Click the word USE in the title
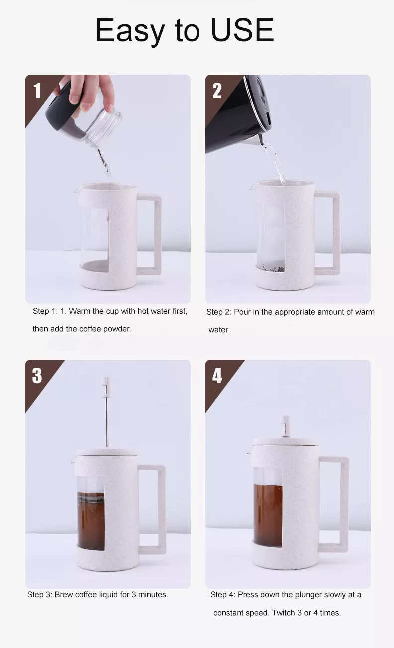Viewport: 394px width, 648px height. [x=242, y=30]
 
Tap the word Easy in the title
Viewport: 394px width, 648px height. [x=130, y=31]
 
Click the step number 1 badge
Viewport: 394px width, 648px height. [x=37, y=91]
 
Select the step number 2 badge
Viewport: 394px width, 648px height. [x=217, y=91]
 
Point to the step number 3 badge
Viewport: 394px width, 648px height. [x=37, y=376]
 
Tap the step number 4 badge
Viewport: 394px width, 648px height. [x=217, y=376]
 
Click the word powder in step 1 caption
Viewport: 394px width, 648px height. [x=117, y=329]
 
